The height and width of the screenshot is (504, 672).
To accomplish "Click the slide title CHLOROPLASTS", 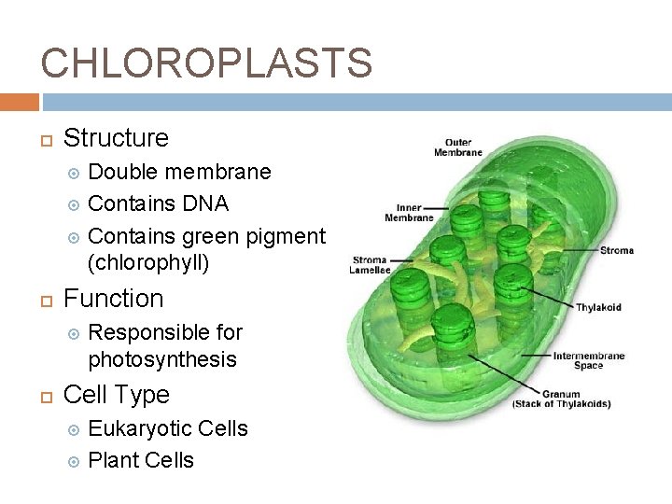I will click(x=206, y=63).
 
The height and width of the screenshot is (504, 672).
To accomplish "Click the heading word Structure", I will click(x=116, y=138).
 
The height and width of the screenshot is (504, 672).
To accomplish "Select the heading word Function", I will click(x=113, y=299).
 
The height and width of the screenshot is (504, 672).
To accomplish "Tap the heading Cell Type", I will click(x=116, y=395).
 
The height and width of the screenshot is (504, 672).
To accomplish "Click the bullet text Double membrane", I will click(x=179, y=172).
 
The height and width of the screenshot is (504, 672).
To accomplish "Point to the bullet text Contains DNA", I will click(x=158, y=203).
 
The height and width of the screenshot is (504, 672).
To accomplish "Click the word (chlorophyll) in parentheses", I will click(x=148, y=263).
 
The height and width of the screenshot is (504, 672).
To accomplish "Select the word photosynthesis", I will click(x=162, y=359).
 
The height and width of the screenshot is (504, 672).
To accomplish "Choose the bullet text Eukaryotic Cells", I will click(x=168, y=428).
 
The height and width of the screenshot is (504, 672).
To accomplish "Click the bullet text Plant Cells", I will click(x=141, y=460).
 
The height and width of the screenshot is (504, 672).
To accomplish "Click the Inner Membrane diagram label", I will click(x=409, y=213).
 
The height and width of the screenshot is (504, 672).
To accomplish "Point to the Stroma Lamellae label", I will click(x=371, y=264).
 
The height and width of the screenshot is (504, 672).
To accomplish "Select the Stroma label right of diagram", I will click(x=616, y=250).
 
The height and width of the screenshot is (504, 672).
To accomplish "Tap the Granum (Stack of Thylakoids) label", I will click(x=561, y=399).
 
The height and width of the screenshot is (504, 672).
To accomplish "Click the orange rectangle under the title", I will click(x=20, y=102).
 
